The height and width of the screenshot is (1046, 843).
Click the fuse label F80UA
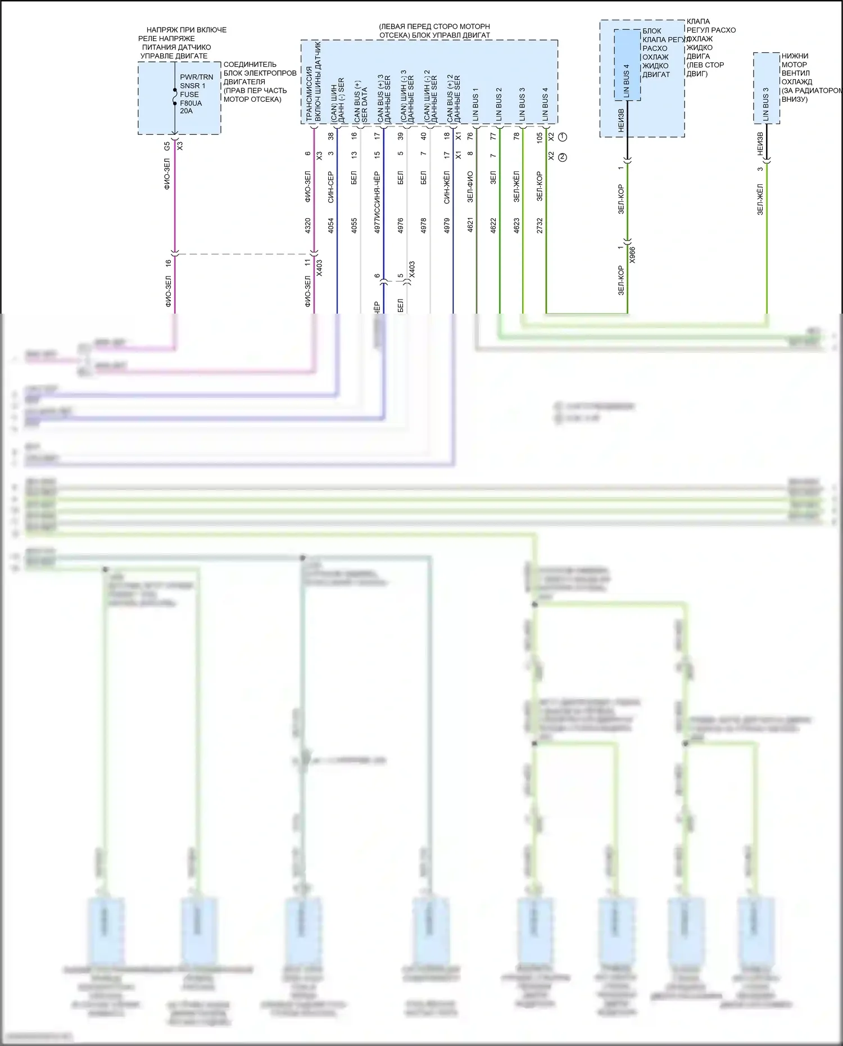tap(191, 103)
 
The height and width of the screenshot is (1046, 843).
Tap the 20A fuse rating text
tap(186, 111)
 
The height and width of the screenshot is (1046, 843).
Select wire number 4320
tap(307, 225)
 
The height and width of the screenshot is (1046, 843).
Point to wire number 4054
tap(331, 225)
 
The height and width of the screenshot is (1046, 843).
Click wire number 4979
tap(447, 225)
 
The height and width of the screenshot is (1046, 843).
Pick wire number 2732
tap(540, 225)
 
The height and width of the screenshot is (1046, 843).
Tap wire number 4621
tap(470, 225)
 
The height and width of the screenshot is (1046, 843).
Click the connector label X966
tap(632, 255)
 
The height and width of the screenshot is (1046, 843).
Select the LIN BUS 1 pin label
tap(475, 105)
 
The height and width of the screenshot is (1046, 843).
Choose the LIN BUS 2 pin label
tap(498, 105)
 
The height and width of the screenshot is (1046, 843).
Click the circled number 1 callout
tap(563, 137)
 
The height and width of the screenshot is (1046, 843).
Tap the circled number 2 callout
tap(563, 157)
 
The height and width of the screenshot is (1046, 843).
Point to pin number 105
tap(540, 137)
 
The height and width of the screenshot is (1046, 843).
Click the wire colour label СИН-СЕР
tap(331, 187)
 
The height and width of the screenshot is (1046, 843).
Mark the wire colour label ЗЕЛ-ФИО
tap(470, 187)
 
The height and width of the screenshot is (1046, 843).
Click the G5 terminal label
tap(167, 146)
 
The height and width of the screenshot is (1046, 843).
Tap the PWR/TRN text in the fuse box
tap(196, 77)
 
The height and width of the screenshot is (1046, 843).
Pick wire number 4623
tap(516, 225)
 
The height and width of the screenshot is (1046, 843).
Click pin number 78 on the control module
tap(516, 135)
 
